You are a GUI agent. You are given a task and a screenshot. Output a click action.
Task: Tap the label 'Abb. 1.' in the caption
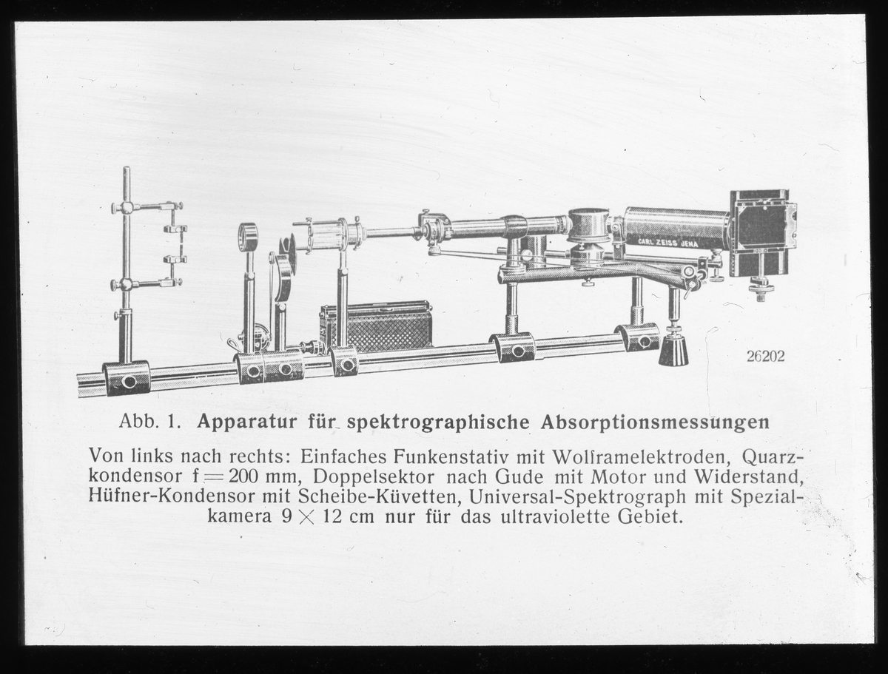(x=150, y=422)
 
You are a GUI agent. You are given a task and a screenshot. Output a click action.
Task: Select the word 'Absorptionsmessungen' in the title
(x=655, y=422)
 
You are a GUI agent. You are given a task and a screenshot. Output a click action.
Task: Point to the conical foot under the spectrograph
(x=673, y=349)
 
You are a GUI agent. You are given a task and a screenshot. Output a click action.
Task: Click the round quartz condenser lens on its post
(x=248, y=237)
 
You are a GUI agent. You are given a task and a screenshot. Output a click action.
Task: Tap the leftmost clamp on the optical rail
(x=127, y=378)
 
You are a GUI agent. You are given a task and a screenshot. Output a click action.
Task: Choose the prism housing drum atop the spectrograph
(x=589, y=223)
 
